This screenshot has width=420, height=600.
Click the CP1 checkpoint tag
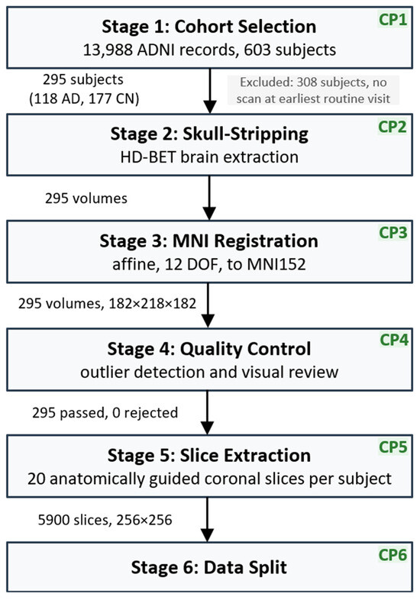[393, 19]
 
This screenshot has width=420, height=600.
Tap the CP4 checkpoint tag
[394, 340]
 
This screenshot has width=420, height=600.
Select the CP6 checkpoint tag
[393, 554]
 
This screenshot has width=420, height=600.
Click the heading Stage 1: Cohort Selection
[209, 27]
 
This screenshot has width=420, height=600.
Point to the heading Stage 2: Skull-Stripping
[209, 134]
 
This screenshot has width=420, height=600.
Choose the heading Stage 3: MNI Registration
[209, 241]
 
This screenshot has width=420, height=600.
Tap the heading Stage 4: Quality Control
[209, 349]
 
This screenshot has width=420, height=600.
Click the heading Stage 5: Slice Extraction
[209, 456]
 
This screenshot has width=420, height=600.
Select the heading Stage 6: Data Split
[209, 567]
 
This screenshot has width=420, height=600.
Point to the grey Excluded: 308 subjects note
[313, 90]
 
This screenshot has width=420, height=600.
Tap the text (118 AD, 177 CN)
[84, 98]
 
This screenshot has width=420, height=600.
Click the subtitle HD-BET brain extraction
[209, 157]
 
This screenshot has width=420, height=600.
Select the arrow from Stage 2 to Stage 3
[209, 198]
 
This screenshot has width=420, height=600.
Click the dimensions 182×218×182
[153, 304]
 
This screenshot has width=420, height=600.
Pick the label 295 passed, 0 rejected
[105, 412]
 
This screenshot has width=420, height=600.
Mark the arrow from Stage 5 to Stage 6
[207, 520]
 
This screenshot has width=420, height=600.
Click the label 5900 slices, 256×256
[105, 520]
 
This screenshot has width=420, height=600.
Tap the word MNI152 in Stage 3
[276, 264]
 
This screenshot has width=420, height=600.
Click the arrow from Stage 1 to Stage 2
[210, 91]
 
